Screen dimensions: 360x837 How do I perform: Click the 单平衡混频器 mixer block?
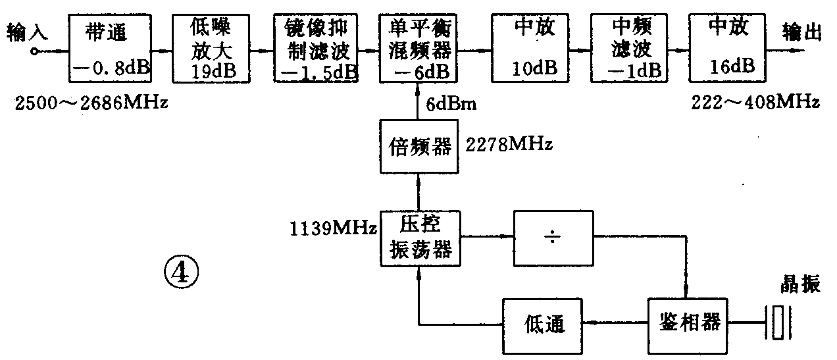[x=419, y=48]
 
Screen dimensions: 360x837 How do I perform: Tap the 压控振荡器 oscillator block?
[x=419, y=238]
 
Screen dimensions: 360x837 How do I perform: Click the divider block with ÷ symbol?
[x=553, y=238]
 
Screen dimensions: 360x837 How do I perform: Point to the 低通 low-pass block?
[x=544, y=323]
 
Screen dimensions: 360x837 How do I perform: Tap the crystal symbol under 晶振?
[x=778, y=322]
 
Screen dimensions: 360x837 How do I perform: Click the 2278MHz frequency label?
[x=508, y=144]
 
